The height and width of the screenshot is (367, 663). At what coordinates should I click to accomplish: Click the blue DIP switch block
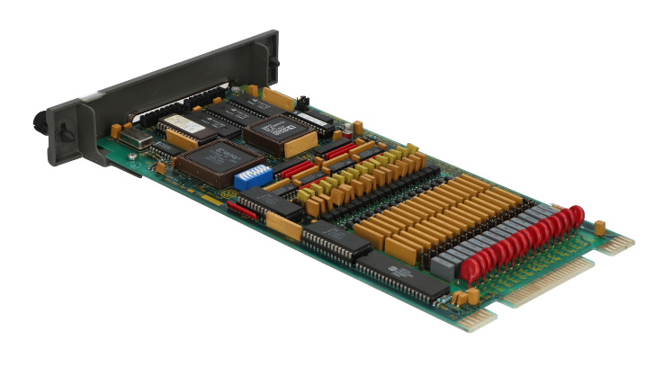pyautogui.click(x=251, y=175)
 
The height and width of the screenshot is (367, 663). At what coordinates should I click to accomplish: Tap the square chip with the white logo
pyautogui.click(x=278, y=132)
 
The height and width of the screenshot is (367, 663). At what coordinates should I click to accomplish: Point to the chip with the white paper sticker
pyautogui.click(x=179, y=125)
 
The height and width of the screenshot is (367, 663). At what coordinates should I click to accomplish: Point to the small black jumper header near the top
pyautogui.click(x=304, y=99)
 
